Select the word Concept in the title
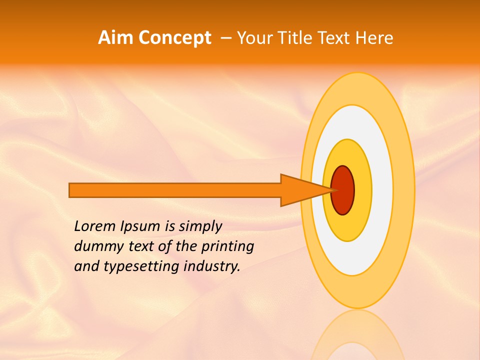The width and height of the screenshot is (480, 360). tap(174, 38)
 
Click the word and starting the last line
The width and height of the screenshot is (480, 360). tap(86, 266)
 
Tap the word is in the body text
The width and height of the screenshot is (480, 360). tap(169, 226)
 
